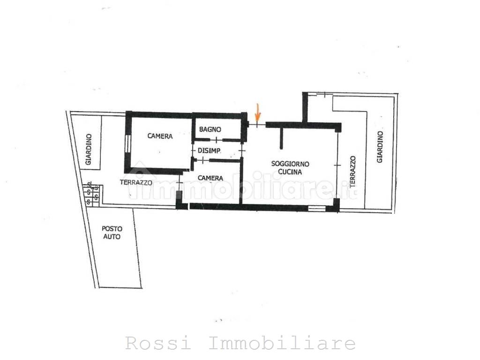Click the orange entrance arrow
click(x=257, y=112)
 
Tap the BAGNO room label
click(x=210, y=129)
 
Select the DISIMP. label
click(x=210, y=150)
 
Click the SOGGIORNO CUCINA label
click(x=290, y=168)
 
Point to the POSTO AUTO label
click(x=112, y=233)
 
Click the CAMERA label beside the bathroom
click(x=160, y=136)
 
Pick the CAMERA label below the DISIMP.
click(x=210, y=178)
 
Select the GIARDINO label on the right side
click(x=380, y=147)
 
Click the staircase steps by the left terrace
click(x=92, y=194)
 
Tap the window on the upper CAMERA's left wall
click(x=127, y=143)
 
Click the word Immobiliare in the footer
click(x=281, y=344)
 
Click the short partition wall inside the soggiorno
click(x=282, y=138)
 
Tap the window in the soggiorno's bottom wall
click(x=316, y=208)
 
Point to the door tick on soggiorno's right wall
click(x=337, y=165)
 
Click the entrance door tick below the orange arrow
click(x=257, y=125)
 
